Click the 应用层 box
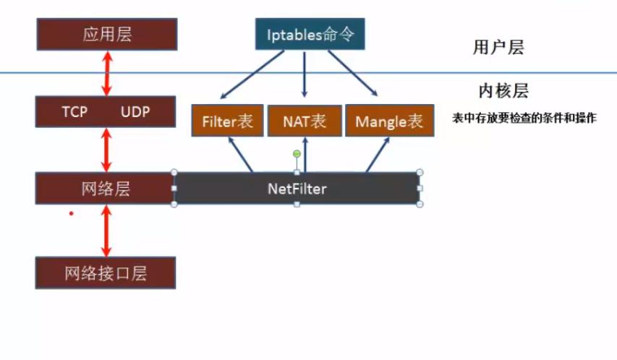106,35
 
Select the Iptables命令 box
310,35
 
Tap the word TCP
75,112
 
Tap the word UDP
135,112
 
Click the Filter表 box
227,121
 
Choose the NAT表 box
305,121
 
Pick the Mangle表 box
388,121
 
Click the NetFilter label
297,189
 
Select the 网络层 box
106,189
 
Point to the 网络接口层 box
106,273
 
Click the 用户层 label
498,48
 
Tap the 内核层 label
503,90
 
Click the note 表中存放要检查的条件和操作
524,118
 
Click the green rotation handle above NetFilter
297,153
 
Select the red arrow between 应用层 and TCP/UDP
107,73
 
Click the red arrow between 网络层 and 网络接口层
107,231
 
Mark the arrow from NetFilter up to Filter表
241,154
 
